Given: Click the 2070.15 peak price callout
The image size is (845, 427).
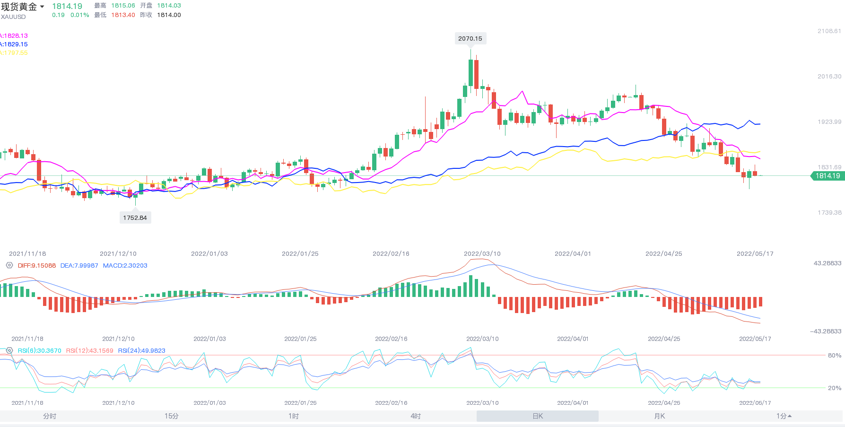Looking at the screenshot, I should (470, 39).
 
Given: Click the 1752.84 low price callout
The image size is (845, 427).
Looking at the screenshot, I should (135, 218).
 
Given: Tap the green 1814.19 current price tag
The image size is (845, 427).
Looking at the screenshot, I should (828, 176).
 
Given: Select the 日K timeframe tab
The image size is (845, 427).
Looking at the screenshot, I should (538, 416).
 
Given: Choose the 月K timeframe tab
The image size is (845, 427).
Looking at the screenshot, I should (659, 416).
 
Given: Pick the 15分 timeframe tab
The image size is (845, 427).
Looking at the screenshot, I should (172, 416).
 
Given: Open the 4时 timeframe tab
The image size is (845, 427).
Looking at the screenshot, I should (416, 416).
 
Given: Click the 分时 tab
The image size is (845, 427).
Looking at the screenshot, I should (50, 416).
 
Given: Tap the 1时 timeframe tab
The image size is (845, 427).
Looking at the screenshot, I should (294, 416).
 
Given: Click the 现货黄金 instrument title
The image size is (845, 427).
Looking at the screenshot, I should (19, 7).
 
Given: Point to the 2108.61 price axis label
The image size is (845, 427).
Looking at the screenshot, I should (829, 31).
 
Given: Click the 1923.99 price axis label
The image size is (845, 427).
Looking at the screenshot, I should (829, 122).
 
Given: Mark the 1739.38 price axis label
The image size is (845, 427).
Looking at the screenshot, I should (829, 213).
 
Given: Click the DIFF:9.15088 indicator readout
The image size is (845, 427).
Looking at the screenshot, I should (37, 266).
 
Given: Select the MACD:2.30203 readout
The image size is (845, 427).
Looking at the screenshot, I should (125, 266).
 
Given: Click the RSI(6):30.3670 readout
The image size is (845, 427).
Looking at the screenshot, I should (40, 351).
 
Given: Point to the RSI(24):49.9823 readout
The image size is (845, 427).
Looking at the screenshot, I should (142, 351).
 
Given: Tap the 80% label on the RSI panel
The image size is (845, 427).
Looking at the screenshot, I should (835, 356).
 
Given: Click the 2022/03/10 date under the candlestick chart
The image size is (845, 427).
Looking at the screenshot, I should (482, 254).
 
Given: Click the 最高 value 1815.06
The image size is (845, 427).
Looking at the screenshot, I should (123, 6).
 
